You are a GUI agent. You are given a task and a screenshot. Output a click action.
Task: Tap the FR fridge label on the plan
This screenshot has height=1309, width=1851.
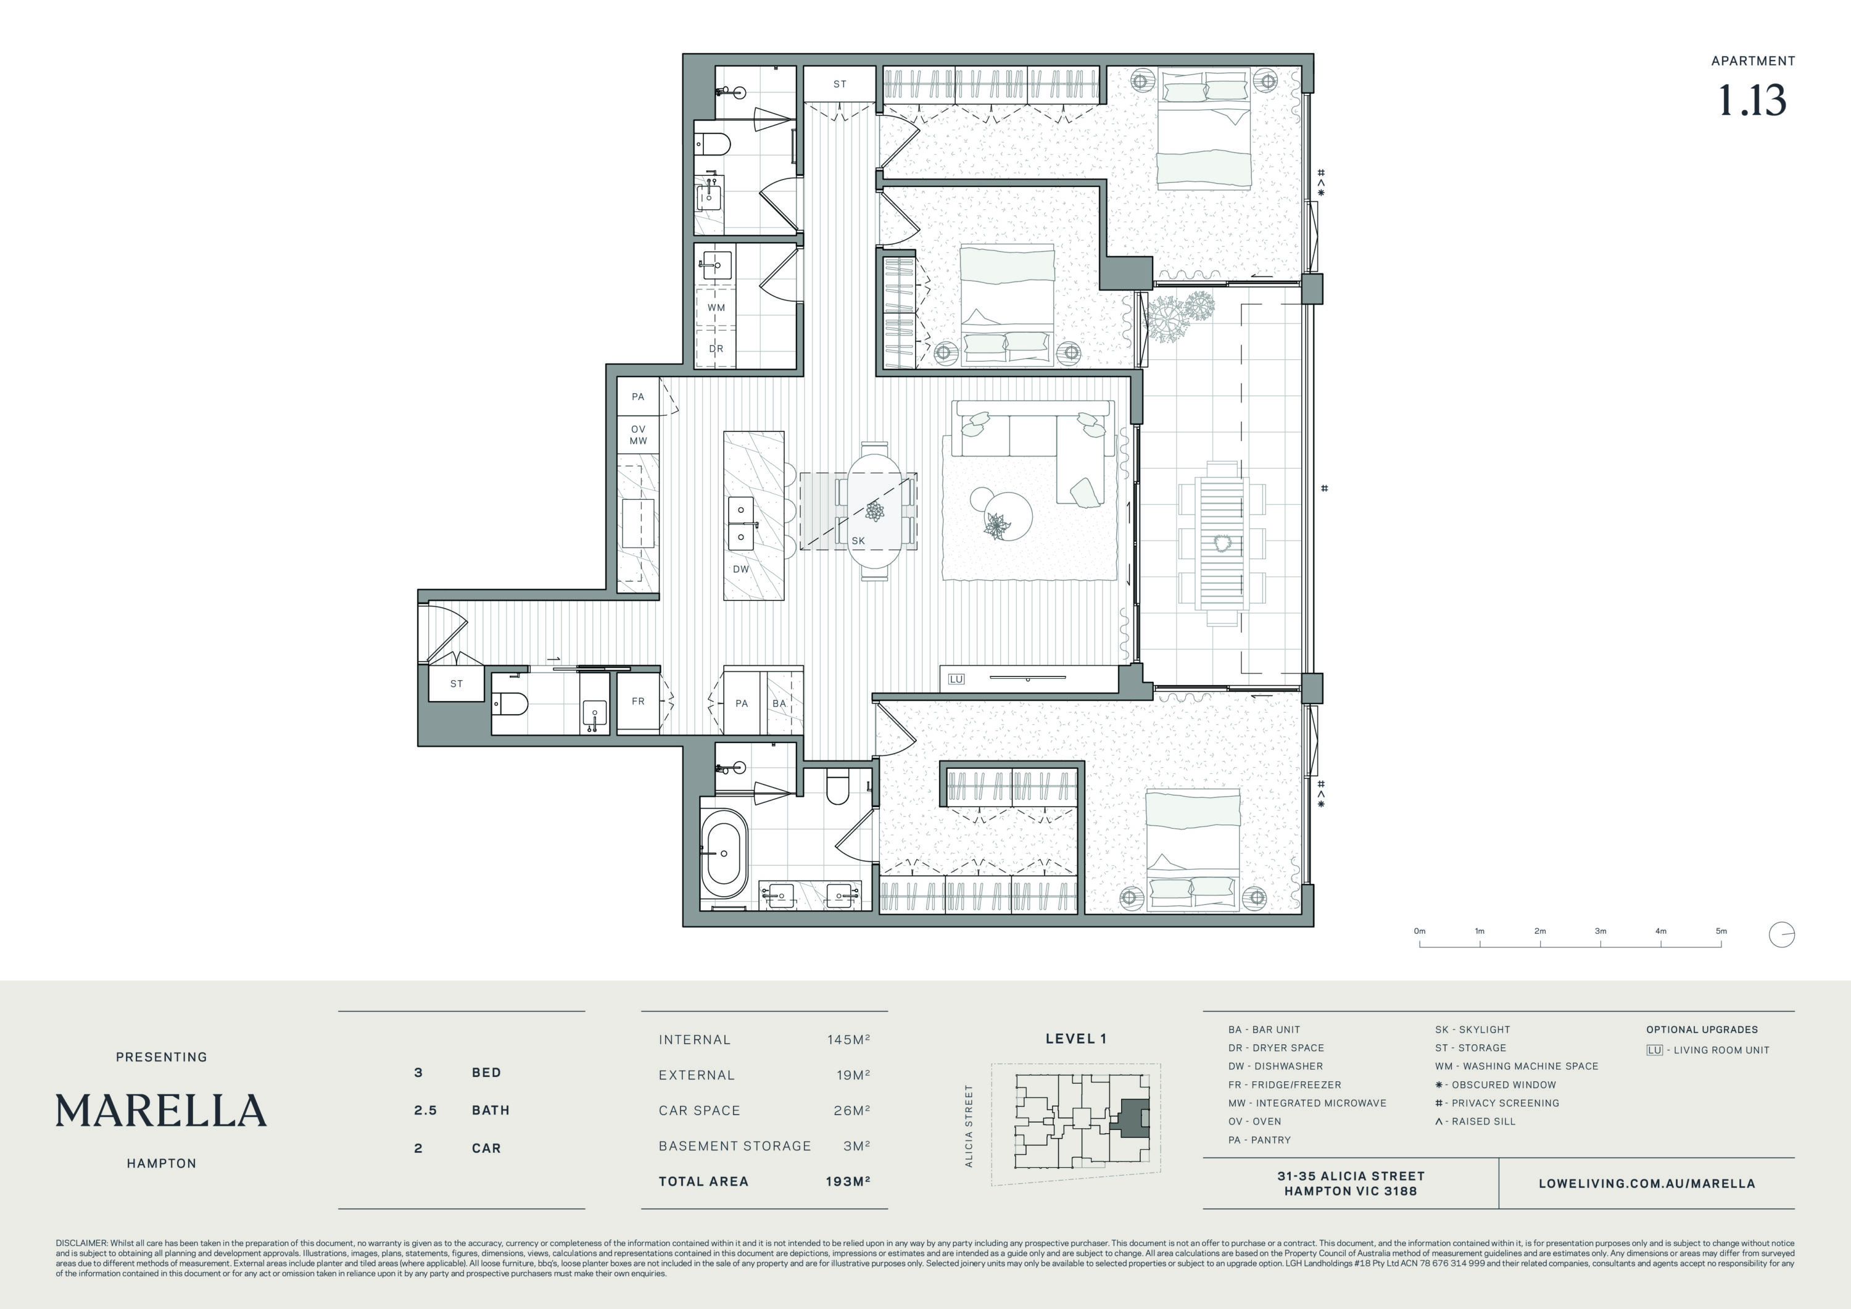[638, 701]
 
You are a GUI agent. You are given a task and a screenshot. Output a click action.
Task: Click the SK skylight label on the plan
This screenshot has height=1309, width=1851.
[858, 541]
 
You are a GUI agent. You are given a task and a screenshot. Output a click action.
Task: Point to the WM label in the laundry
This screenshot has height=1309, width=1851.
[716, 307]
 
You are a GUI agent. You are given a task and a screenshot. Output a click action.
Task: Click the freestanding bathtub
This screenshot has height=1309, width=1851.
[724, 854]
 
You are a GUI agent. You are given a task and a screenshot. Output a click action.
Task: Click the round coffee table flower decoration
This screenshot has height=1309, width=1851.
[997, 526]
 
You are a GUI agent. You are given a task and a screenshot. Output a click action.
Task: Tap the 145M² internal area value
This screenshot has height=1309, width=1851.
[848, 1040]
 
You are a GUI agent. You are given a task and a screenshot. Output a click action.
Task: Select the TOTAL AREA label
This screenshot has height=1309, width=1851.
[703, 1182]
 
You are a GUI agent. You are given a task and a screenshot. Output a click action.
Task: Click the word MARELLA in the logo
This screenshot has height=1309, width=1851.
[161, 1111]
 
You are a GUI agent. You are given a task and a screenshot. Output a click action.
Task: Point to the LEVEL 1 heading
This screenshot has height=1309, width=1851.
[1075, 1039]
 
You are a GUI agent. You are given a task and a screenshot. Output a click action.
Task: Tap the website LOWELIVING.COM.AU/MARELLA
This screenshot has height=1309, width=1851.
[1646, 1184]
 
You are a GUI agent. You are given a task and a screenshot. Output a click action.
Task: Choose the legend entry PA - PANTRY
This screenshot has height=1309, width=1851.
[1259, 1140]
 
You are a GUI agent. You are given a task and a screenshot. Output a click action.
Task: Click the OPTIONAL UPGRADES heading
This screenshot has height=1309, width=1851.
[1702, 1029]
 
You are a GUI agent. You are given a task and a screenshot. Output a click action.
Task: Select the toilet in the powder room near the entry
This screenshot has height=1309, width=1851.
[510, 704]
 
